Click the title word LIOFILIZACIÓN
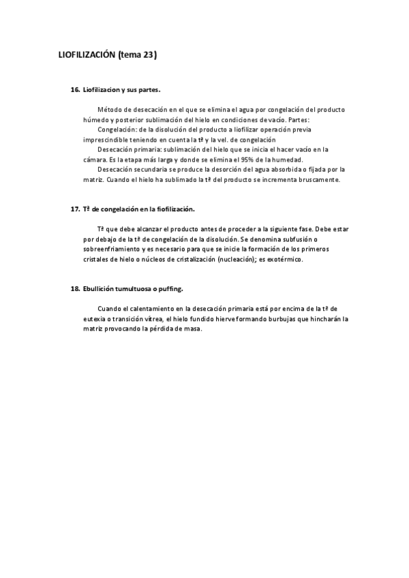[87, 56]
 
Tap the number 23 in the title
[149, 56]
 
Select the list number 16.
[75, 89]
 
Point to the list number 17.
[75, 209]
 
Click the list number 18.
[75, 289]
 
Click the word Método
[109, 109]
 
